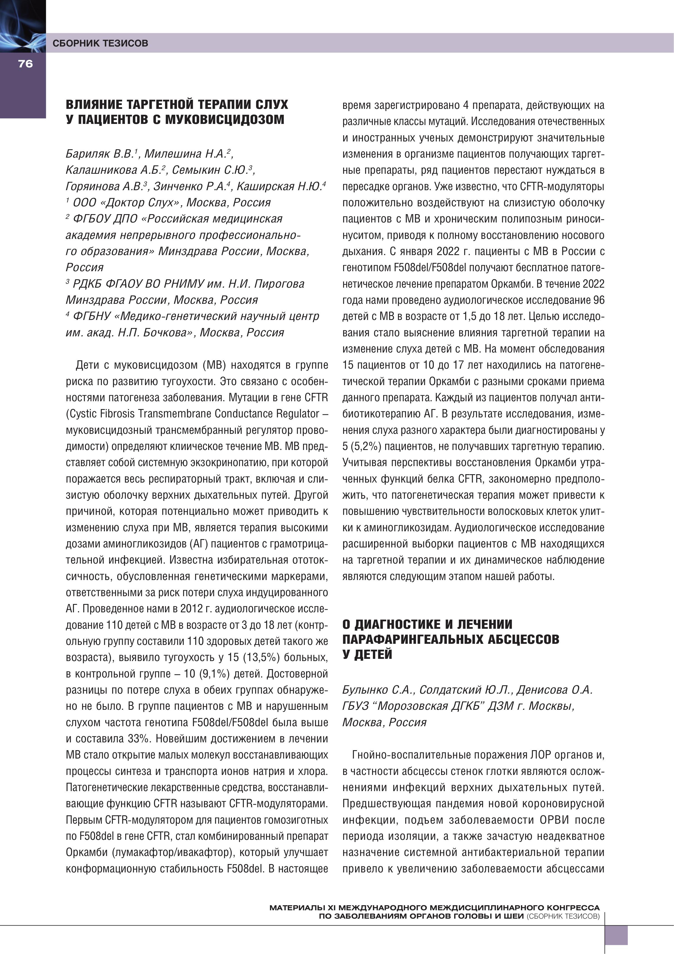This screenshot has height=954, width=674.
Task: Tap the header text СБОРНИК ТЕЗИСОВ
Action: pyautogui.click(x=100, y=43)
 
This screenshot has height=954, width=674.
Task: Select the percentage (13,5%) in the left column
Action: pyautogui.click(x=255, y=658)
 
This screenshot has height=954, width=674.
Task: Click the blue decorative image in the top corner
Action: pyautogui.click(x=23, y=26)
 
